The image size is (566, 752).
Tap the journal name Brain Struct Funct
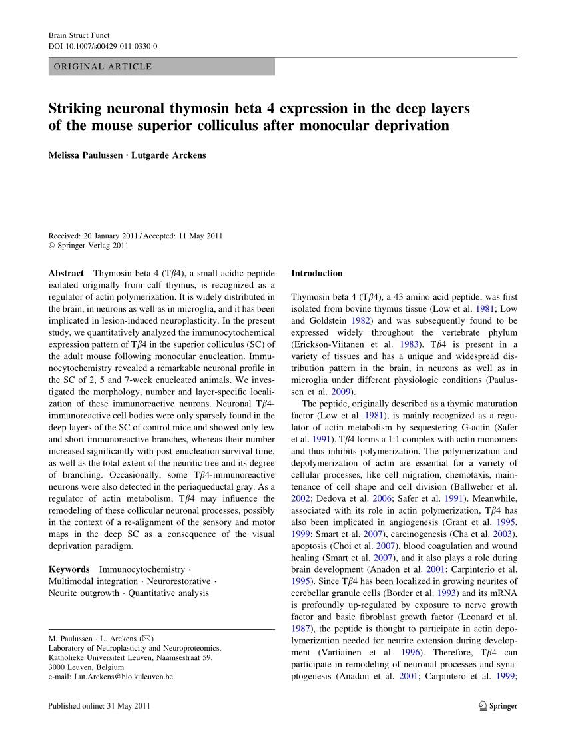click(x=79, y=35)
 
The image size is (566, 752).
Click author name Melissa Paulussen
click(x=85, y=155)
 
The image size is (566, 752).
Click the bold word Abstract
click(x=66, y=273)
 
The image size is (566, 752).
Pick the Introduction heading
click(x=317, y=273)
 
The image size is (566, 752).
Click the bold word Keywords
click(x=69, y=569)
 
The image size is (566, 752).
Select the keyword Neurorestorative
click(x=180, y=581)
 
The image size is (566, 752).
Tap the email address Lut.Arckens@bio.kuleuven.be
click(x=111, y=676)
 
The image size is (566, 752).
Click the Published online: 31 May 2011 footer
click(x=95, y=706)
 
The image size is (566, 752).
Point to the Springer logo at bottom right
click(x=498, y=706)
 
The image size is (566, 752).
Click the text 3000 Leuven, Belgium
click(x=87, y=667)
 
